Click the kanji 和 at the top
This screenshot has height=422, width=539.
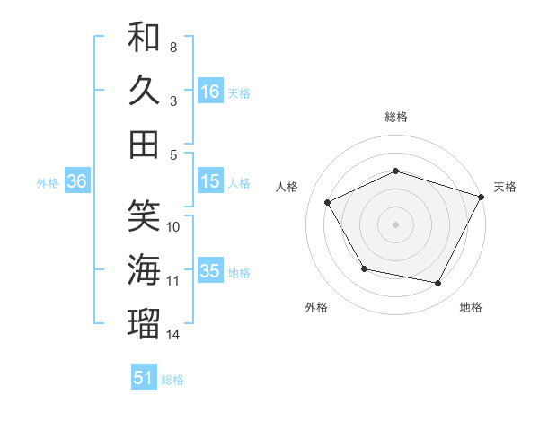click(x=144, y=39)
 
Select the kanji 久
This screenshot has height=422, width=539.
click(x=144, y=91)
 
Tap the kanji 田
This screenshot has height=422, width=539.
click(x=144, y=144)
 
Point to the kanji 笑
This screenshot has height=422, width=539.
click(x=144, y=215)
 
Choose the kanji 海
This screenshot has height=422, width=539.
click(x=144, y=268)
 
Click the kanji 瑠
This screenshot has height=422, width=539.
click(x=144, y=322)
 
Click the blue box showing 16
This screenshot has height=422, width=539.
click(x=210, y=92)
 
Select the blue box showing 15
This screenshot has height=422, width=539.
click(x=210, y=181)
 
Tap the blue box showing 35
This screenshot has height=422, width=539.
click(x=210, y=271)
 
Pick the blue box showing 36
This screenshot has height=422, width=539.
click(x=76, y=181)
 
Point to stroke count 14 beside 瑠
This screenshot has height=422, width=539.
click(x=173, y=335)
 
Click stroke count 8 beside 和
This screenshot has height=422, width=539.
click(x=173, y=47)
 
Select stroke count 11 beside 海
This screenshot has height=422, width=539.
click(x=173, y=281)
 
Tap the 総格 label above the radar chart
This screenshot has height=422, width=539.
click(x=396, y=117)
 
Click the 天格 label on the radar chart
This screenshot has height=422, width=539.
click(x=505, y=187)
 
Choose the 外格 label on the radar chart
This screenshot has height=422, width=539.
click(x=316, y=308)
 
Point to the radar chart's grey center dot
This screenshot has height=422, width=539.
click(x=396, y=224)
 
